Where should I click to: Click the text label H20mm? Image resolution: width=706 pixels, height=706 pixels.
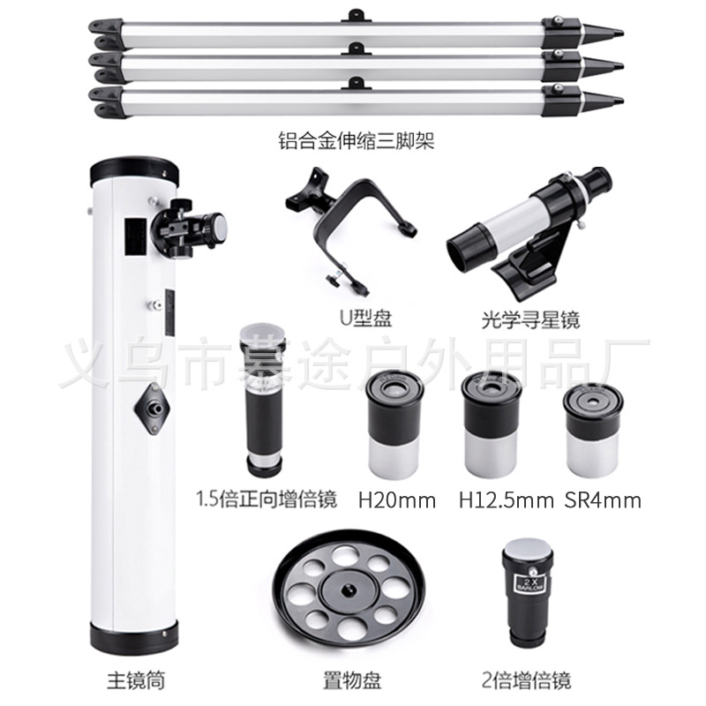397,500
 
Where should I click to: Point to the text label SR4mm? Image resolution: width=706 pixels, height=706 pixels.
602,500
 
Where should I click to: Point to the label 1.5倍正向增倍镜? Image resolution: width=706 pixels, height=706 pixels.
266,500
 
